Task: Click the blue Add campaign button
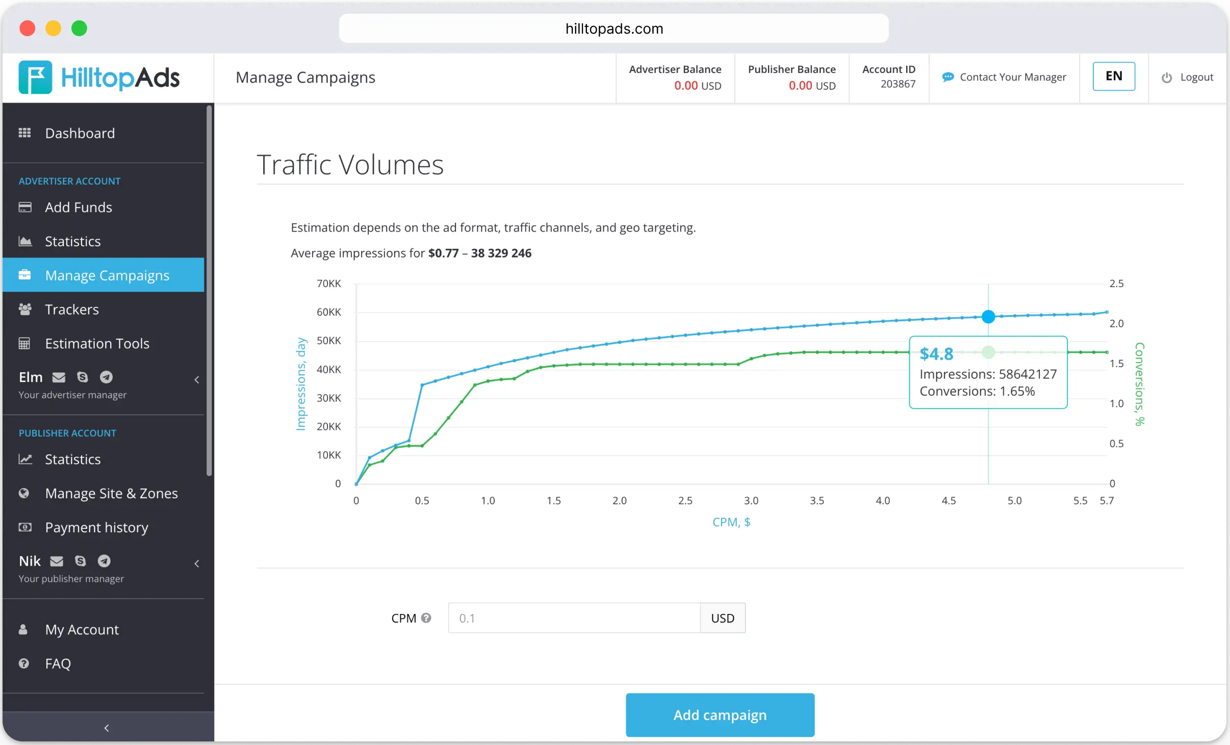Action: (x=720, y=715)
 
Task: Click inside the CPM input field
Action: (x=574, y=618)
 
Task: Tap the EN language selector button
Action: (x=1113, y=76)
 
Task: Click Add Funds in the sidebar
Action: (x=78, y=207)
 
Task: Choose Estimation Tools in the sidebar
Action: (x=97, y=344)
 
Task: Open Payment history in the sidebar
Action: (x=96, y=527)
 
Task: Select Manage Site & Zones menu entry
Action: (x=111, y=494)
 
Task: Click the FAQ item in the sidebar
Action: (x=58, y=663)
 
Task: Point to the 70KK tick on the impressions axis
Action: (x=329, y=284)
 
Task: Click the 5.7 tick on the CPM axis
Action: (x=1107, y=501)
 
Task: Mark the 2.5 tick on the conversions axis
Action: (x=1116, y=284)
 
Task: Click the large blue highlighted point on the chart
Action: (x=988, y=317)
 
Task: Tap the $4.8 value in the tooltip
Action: (x=936, y=354)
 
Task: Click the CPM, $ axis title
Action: (x=731, y=522)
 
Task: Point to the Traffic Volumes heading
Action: (x=350, y=165)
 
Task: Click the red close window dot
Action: (x=28, y=29)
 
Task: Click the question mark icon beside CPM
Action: (x=426, y=618)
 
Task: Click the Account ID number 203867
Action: (x=898, y=84)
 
